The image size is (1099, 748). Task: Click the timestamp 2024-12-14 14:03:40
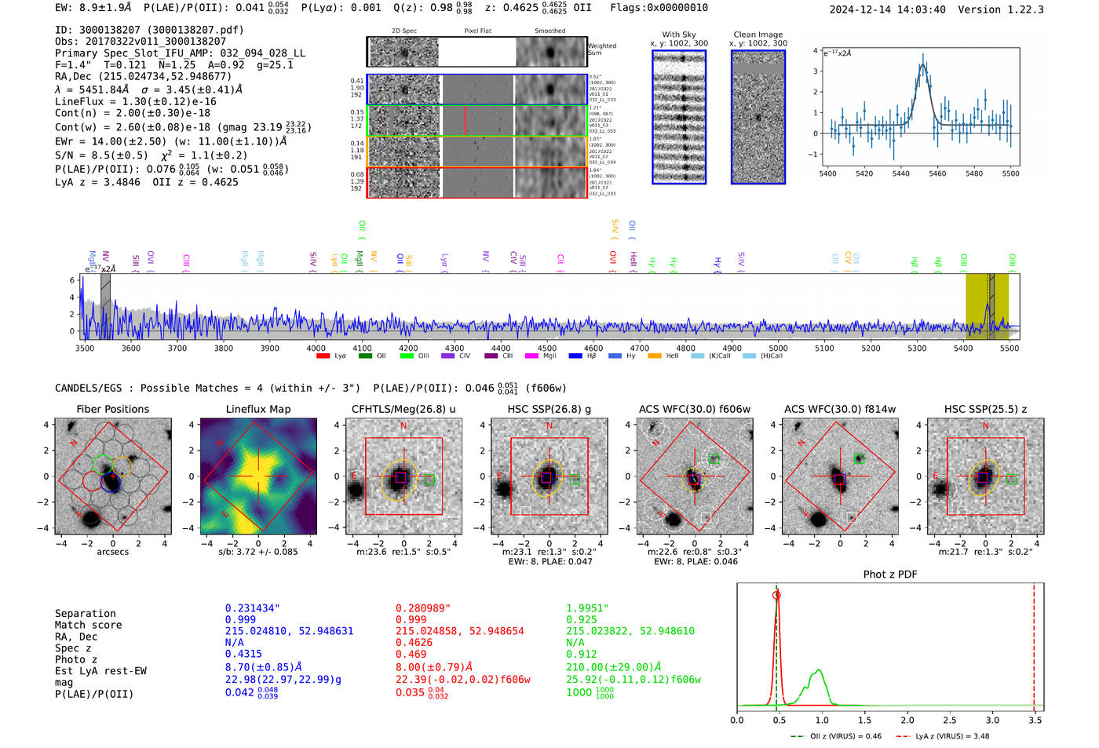[x=887, y=9]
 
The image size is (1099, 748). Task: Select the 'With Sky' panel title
[x=678, y=35]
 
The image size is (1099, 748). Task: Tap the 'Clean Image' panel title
[x=758, y=35]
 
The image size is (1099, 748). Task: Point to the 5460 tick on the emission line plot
[x=937, y=173]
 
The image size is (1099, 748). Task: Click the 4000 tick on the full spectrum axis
[x=316, y=348]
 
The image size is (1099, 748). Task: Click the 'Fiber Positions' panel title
[x=112, y=409]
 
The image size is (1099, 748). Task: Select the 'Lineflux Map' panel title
[x=257, y=409]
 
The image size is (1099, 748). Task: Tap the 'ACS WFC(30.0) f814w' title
[x=839, y=409]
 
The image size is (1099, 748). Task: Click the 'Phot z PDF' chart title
[x=889, y=575]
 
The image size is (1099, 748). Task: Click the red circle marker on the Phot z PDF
[x=776, y=595]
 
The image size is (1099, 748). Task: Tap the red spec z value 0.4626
[x=414, y=642]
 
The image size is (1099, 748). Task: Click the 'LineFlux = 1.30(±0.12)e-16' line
[x=135, y=102]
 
